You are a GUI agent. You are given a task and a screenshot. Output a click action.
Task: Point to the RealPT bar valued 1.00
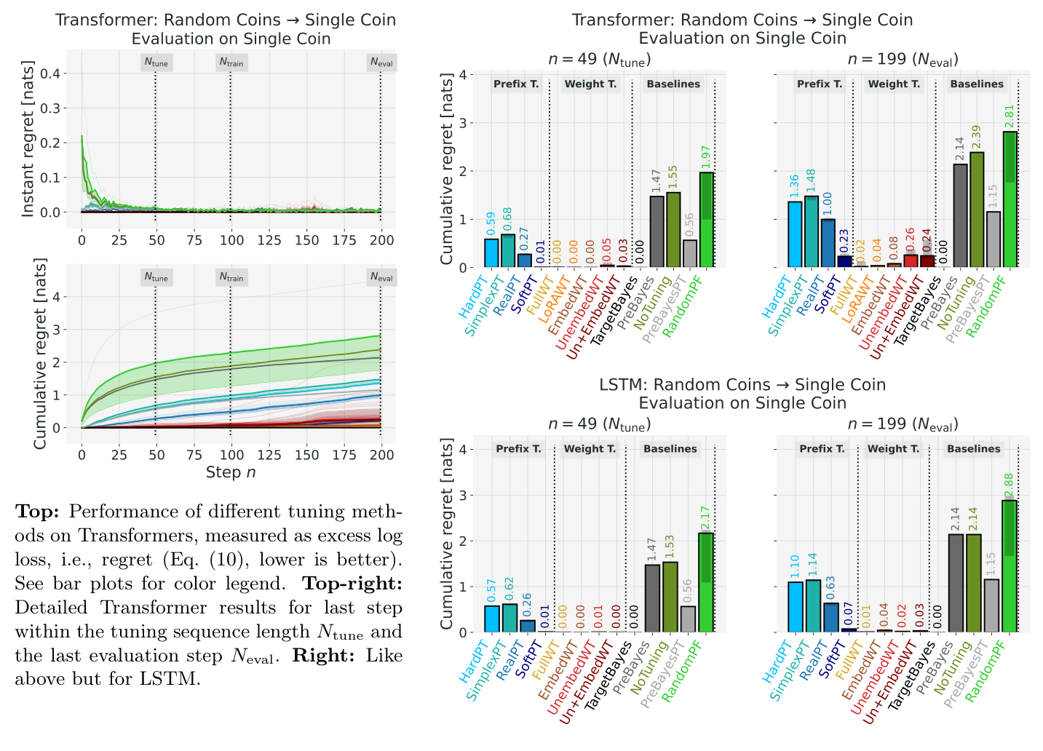click(x=828, y=243)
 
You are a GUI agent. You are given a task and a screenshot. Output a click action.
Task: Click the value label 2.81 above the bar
click(x=1009, y=116)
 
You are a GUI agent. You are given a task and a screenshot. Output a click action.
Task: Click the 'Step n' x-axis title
click(x=231, y=472)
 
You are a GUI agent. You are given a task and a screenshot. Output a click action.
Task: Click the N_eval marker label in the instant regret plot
click(x=381, y=63)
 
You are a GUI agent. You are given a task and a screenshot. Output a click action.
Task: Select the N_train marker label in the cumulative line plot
click(x=231, y=277)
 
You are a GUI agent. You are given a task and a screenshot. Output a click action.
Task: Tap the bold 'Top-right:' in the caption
click(x=352, y=584)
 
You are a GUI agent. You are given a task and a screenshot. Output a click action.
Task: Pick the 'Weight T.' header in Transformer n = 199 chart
click(x=893, y=84)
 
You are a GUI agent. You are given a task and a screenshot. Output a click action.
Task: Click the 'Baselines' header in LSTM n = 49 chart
click(x=670, y=449)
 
